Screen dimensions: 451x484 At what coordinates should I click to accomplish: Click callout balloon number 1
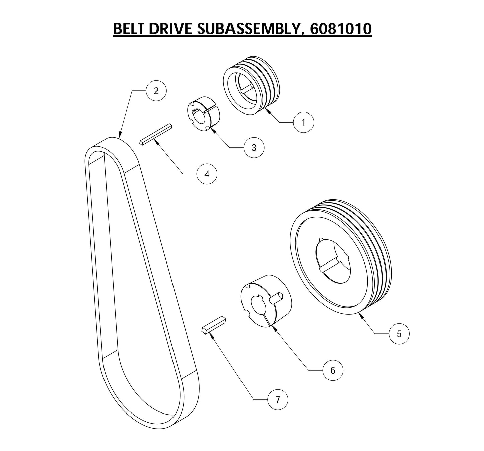click(x=303, y=122)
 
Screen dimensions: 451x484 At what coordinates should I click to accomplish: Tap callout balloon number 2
click(x=156, y=91)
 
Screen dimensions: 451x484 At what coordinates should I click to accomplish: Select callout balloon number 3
click(x=254, y=147)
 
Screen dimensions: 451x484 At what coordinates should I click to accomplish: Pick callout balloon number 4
click(x=207, y=174)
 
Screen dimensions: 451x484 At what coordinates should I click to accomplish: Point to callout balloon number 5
click(x=399, y=334)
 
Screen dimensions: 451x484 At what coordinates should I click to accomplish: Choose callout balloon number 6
click(x=333, y=370)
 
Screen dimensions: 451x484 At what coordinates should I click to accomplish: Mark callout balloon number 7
click(x=277, y=399)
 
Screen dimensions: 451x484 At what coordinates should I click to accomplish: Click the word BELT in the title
click(x=129, y=29)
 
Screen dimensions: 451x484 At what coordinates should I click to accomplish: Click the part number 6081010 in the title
click(x=341, y=29)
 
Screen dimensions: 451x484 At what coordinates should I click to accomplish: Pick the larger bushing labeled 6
click(x=266, y=301)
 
